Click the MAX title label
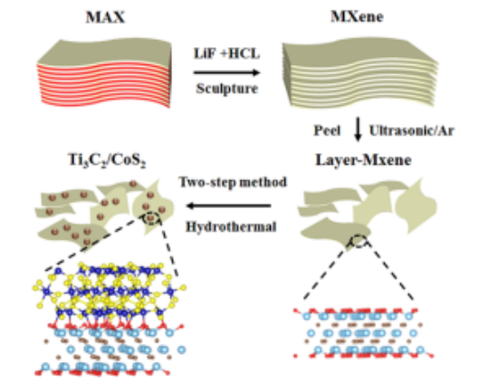pyautogui.click(x=105, y=17)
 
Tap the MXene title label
pyautogui.click(x=357, y=16)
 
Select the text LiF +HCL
pyautogui.click(x=226, y=53)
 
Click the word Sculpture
pyautogui.click(x=227, y=89)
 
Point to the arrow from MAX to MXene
pyautogui.click(x=226, y=72)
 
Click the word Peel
pyautogui.click(x=327, y=130)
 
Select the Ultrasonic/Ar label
pyautogui.click(x=411, y=130)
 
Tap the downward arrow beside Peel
pyautogui.click(x=358, y=129)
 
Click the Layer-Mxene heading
pyautogui.click(x=363, y=160)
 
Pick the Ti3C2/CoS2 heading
pyautogui.click(x=107, y=160)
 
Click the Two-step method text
pyautogui.click(x=233, y=182)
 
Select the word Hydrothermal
pyautogui.click(x=231, y=227)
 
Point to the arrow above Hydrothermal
pyautogui.click(x=228, y=205)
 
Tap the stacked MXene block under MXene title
pyautogui.click(x=360, y=72)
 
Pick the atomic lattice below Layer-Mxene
pyautogui.click(x=363, y=333)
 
